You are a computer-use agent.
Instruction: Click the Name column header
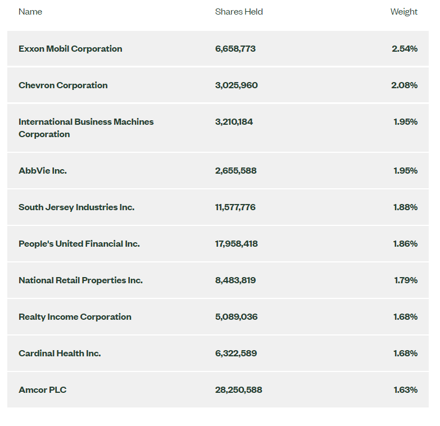tap(30, 12)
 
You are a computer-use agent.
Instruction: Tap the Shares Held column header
tap(239, 12)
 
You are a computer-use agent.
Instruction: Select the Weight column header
tap(404, 12)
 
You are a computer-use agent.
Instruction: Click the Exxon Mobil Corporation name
tap(70, 49)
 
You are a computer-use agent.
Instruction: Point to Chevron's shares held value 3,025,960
tap(236, 85)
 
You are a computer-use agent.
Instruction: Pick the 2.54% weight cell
tap(405, 49)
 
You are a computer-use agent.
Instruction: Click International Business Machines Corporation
tap(86, 128)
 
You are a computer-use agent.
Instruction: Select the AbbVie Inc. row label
tap(43, 171)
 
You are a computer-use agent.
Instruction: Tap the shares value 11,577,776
tap(235, 207)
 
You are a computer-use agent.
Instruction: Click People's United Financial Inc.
tap(79, 243)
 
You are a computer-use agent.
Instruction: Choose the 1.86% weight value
tap(405, 243)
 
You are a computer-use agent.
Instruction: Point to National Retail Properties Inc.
tap(80, 280)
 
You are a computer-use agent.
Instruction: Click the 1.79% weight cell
tap(406, 280)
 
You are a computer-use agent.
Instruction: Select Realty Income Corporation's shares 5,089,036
tap(236, 317)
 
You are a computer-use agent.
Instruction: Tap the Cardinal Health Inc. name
tap(60, 354)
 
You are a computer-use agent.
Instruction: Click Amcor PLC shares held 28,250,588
tap(238, 390)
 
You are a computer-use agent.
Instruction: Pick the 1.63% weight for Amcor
tap(406, 390)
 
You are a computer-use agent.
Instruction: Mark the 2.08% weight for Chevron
tap(405, 85)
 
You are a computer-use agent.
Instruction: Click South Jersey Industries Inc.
tap(76, 207)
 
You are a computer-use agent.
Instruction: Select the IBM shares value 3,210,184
tap(234, 122)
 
